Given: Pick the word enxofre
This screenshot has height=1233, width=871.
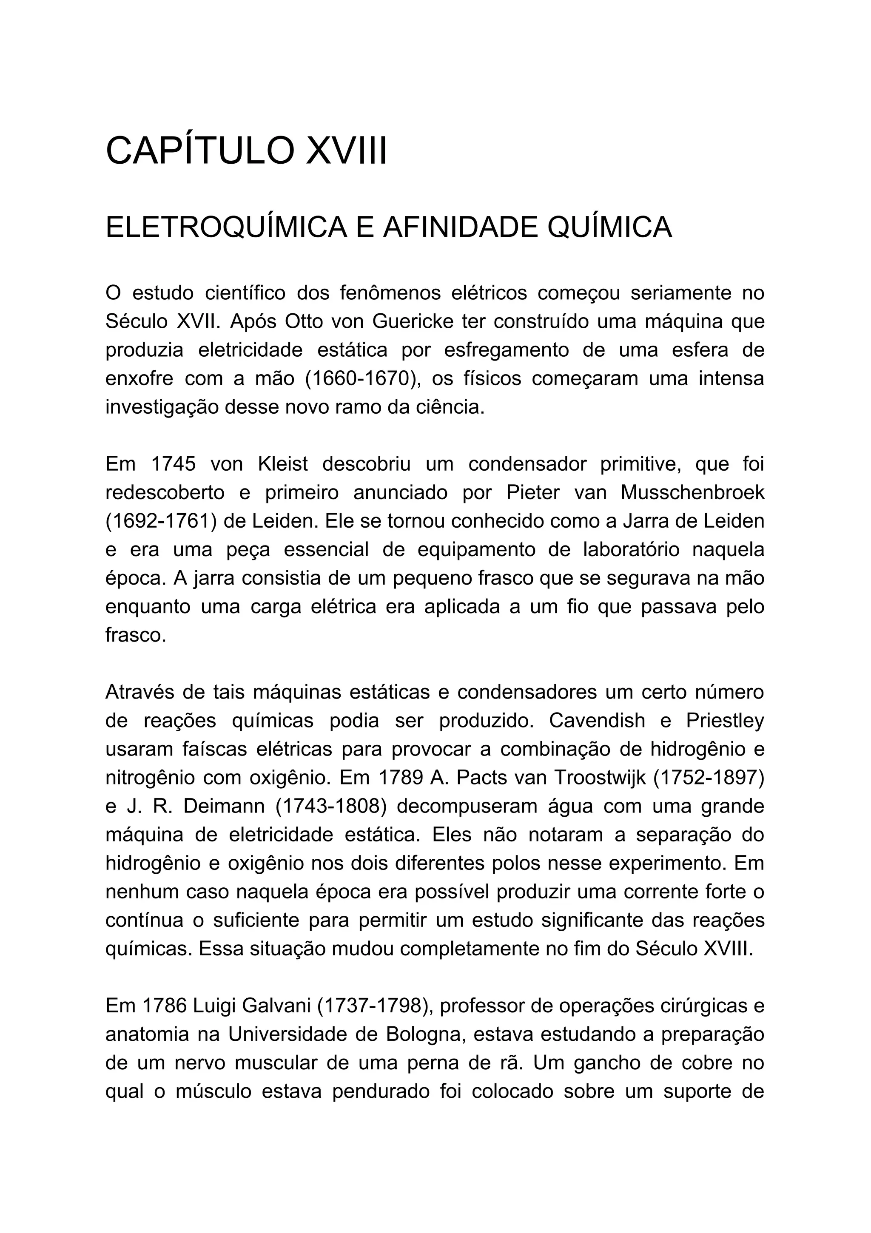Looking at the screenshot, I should coord(139,378).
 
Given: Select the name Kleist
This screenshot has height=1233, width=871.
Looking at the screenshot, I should coord(283,464).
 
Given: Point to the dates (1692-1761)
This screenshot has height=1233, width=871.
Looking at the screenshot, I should coord(161,521).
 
